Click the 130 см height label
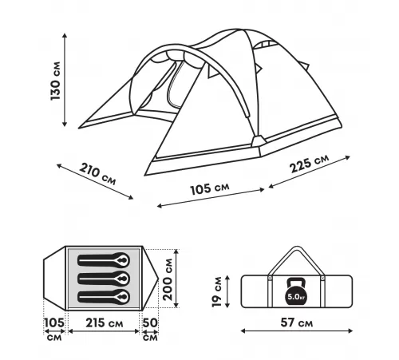(x=55, y=81)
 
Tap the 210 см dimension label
(x=98, y=174)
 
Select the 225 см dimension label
(x=309, y=164)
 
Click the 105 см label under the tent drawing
(x=210, y=188)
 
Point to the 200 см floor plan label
(x=168, y=279)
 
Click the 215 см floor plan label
(x=105, y=323)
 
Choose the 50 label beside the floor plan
(x=150, y=322)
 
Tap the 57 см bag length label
(x=297, y=322)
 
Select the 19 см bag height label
(x=217, y=292)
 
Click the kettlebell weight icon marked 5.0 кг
(x=295, y=292)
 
